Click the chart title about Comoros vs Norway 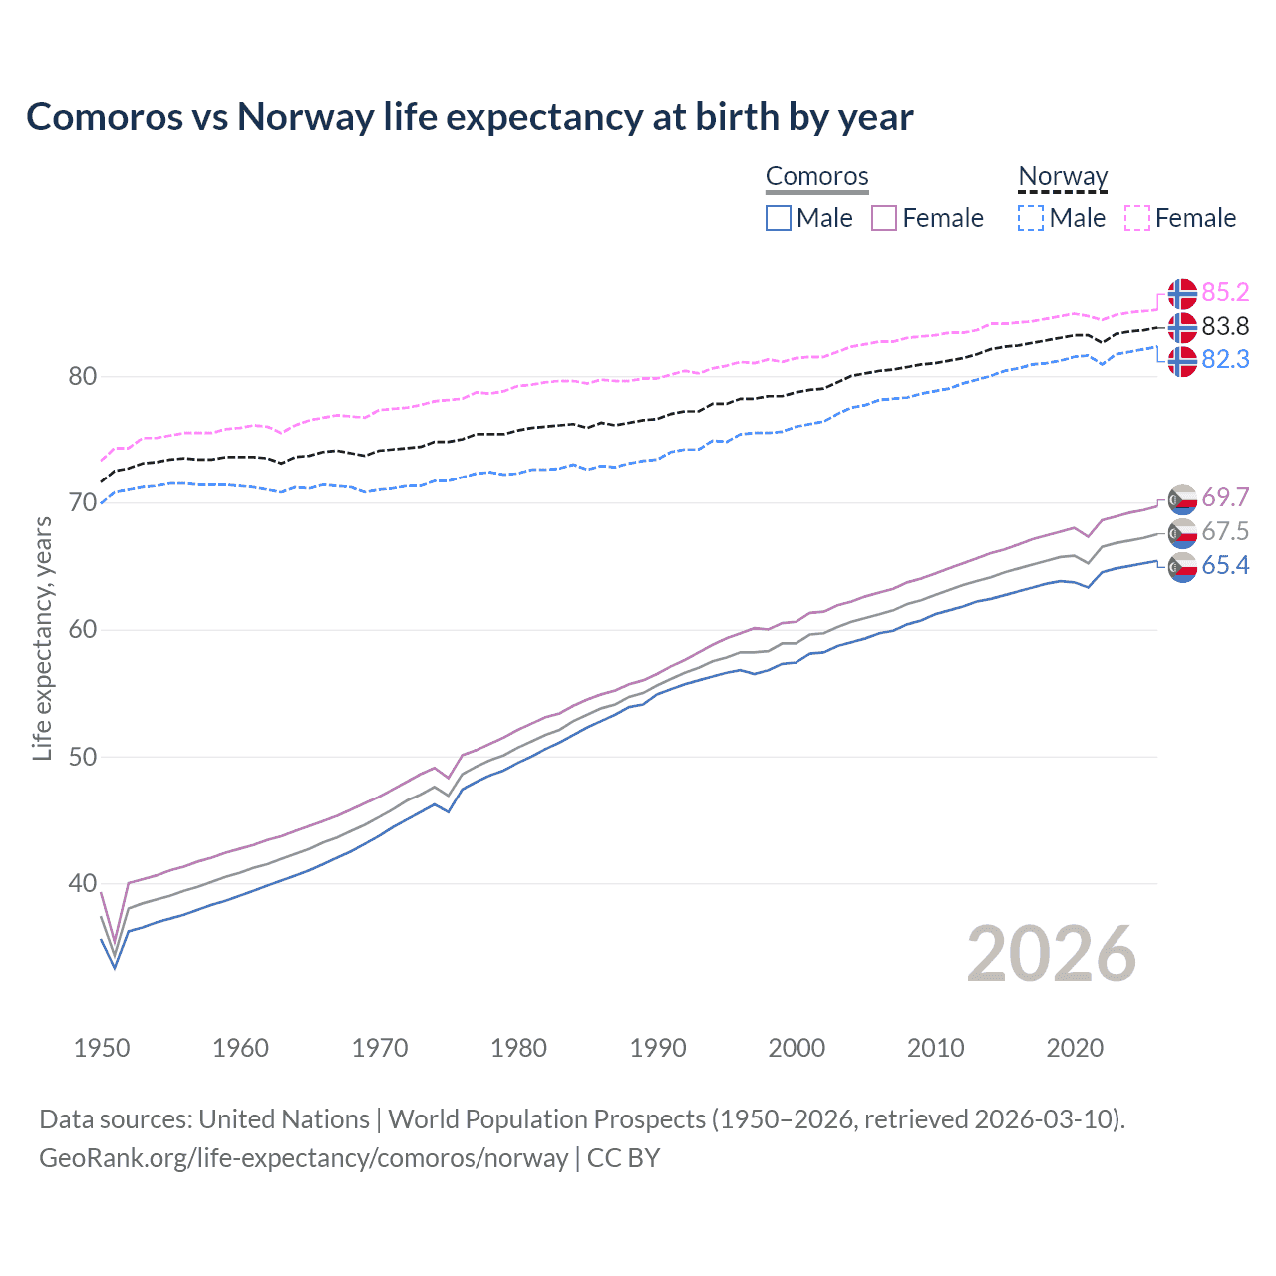470,117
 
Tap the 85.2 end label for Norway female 1225,292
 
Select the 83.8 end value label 1225,326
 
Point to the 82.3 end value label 1225,359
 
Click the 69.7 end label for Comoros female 1225,497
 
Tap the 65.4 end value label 1225,565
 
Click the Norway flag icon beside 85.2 1182,293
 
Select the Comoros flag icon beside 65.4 1182,567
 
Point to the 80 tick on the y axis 83,377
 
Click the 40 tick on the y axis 83,884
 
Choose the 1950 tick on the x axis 102,1048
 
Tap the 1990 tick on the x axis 658,1048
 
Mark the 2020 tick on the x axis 1075,1048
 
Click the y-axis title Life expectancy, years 42,638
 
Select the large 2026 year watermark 1052,954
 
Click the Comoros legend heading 817,176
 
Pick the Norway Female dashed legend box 1137,218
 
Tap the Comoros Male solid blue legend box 779,218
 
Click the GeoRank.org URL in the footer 303,1158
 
